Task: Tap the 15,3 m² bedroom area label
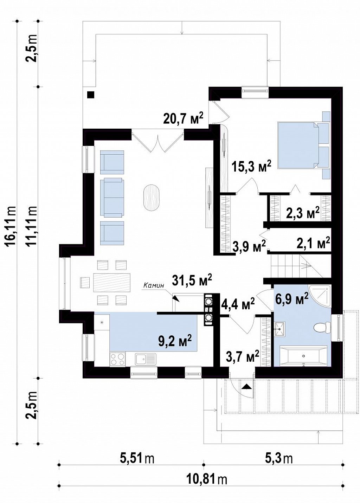251,167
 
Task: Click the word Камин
154,286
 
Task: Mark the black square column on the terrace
90,95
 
